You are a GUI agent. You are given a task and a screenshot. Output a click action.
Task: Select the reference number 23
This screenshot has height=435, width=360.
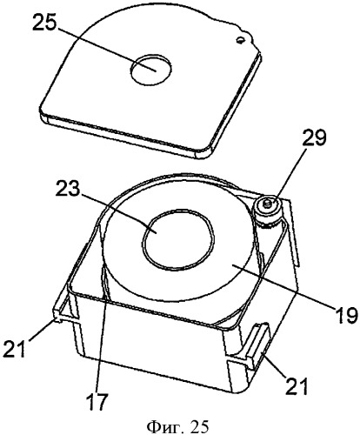point(68,190)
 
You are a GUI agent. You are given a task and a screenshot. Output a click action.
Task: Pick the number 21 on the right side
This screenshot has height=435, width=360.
point(296,385)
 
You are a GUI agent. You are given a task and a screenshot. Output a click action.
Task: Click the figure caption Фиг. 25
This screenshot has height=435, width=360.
point(177,426)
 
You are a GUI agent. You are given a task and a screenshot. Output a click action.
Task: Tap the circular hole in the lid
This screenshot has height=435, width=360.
point(150,69)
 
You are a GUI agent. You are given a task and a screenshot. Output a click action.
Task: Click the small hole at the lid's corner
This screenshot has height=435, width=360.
point(240,40)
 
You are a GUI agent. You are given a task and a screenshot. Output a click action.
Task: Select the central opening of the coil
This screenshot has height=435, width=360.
point(179,240)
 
